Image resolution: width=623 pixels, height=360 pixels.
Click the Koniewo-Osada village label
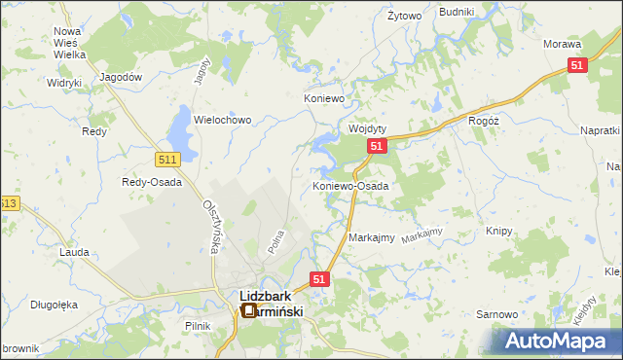350,186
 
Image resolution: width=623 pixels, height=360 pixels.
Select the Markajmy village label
371,238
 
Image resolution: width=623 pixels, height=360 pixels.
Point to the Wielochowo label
223,120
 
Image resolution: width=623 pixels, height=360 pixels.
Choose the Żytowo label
404,17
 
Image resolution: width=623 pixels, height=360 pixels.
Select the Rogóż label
483,121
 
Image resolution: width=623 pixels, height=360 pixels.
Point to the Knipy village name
498,232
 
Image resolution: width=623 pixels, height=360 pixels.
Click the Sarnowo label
495,314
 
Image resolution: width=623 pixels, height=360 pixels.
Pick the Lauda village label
75,252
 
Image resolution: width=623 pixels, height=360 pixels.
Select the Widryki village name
63,83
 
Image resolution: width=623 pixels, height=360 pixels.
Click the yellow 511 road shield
166,158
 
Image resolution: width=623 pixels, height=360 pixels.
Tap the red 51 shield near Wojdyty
378,146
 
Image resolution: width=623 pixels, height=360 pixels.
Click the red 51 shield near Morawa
577,65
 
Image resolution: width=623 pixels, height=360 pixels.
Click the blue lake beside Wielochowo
181,125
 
